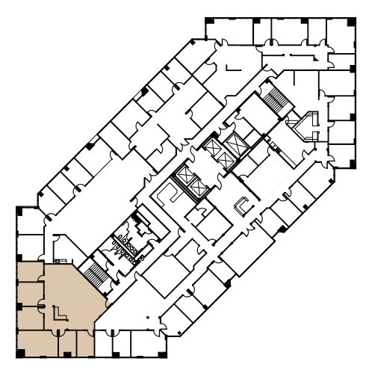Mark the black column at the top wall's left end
click(x=208, y=20)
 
